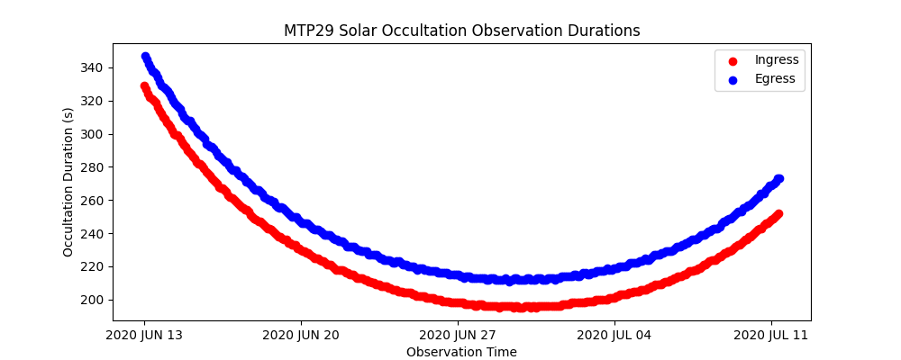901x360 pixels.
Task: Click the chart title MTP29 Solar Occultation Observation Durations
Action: pyautogui.click(x=461, y=31)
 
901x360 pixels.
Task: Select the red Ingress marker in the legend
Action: pyautogui.click(x=732, y=60)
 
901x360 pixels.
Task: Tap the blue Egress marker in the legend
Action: pyautogui.click(x=732, y=79)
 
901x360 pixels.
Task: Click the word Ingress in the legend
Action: pyautogui.click(x=777, y=60)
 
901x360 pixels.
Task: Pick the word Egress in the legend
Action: pyautogui.click(x=775, y=79)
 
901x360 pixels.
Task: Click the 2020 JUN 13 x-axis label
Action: pyautogui.click(x=144, y=336)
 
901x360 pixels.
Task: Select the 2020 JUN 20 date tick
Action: pyautogui.click(x=301, y=336)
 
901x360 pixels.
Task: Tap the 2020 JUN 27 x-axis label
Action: pyautogui.click(x=458, y=336)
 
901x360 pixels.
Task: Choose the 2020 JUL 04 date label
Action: pyautogui.click(x=614, y=336)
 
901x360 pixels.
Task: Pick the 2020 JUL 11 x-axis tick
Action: pyautogui.click(x=771, y=336)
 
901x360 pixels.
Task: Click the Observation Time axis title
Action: pyautogui.click(x=461, y=352)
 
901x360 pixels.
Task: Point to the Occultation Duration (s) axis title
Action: pyautogui.click(x=68, y=182)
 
